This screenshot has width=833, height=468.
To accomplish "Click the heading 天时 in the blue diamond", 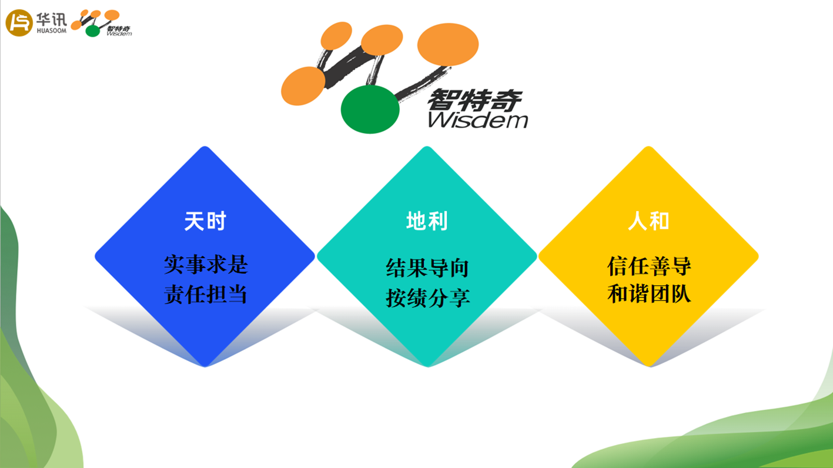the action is [205, 221].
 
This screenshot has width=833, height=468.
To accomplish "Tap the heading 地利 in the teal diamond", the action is [427, 221].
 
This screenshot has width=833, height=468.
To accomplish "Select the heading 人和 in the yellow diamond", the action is [648, 221].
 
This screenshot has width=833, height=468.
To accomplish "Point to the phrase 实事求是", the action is [206, 265].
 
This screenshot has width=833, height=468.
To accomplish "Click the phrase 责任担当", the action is [206, 295].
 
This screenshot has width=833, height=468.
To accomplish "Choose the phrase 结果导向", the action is [427, 268].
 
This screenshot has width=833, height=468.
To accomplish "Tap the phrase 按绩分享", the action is [427, 297].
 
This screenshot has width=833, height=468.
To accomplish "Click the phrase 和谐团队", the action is [649, 294].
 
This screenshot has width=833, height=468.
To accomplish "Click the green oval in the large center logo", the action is [370, 109].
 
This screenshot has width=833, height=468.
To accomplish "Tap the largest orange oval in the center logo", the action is [448, 44].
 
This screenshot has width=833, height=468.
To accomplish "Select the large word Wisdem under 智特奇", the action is [478, 120].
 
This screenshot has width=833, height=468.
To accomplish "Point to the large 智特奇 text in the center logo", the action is [475, 100].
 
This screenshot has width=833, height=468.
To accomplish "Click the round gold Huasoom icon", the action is [19, 23].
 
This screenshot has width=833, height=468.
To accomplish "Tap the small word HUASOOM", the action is [52, 31].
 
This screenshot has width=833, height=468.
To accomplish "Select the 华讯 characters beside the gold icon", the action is [51, 19].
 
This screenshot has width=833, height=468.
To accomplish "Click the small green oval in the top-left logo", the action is [93, 31].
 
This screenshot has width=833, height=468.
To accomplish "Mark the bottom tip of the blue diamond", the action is [205, 367].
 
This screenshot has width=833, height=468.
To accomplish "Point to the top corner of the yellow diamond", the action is [648, 146].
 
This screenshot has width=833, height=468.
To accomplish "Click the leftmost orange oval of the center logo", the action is [303, 86].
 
